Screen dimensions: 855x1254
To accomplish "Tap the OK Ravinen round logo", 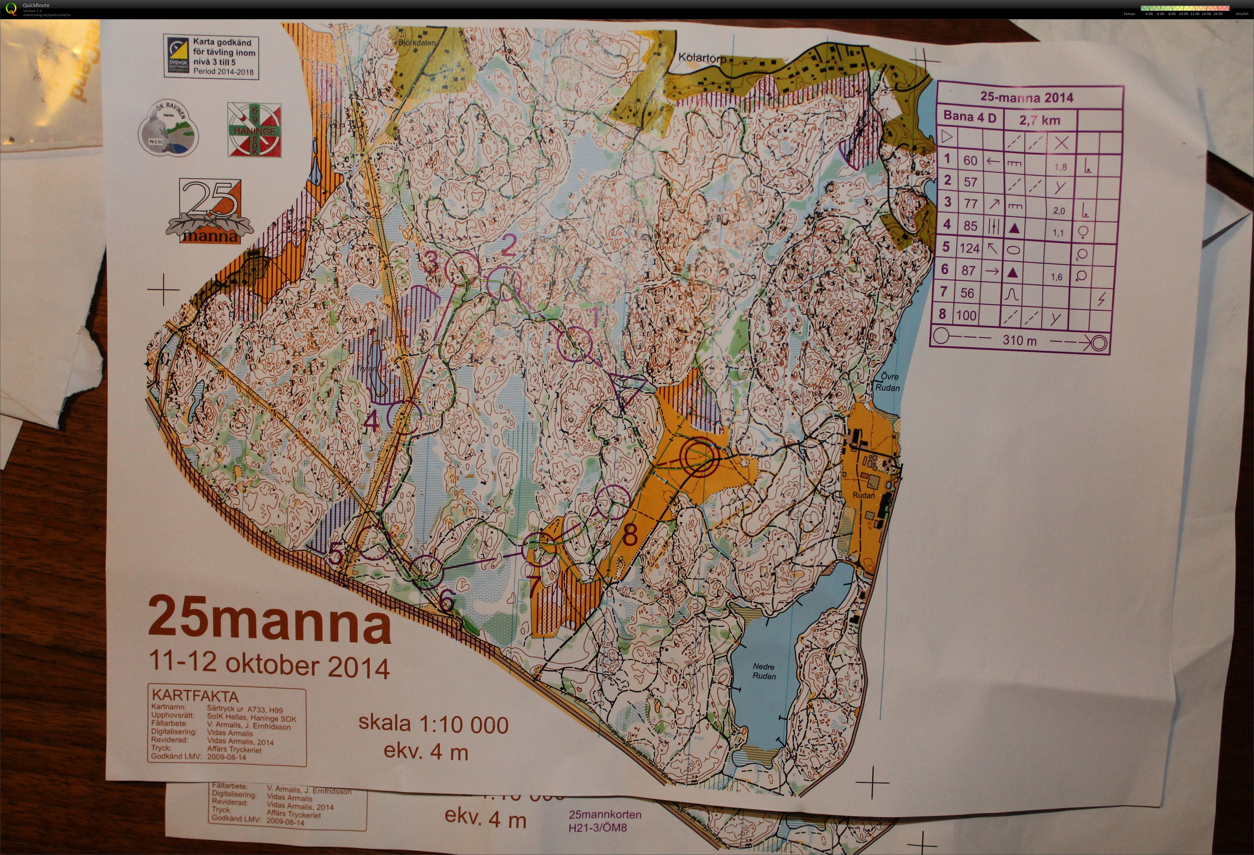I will pos(168,128).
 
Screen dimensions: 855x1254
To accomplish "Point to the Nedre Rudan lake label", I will pos(764,671).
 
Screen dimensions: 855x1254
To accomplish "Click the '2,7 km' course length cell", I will pos(1039,120).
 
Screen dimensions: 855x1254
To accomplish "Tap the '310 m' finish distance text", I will pos(1019,340).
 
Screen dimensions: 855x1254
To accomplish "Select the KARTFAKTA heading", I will pos(195,696).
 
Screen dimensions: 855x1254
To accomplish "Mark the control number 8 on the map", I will pos(630,535).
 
